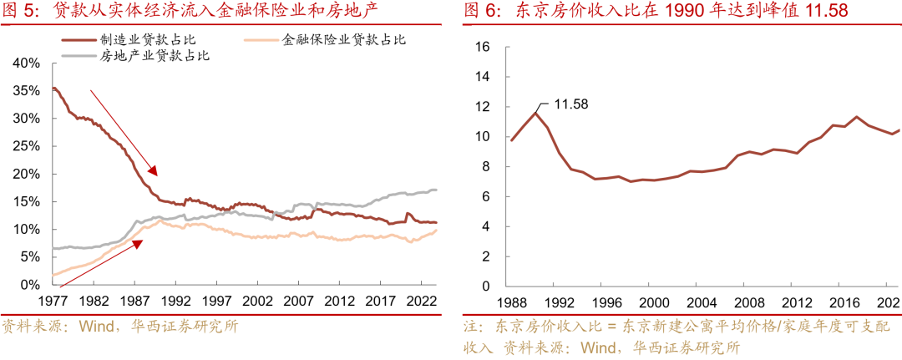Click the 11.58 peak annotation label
click(x=572, y=104)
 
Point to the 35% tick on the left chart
click(x=27, y=90)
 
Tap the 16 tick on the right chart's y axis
click(x=481, y=47)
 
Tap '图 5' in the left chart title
click(x=18, y=11)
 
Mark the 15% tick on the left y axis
click(x=27, y=201)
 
